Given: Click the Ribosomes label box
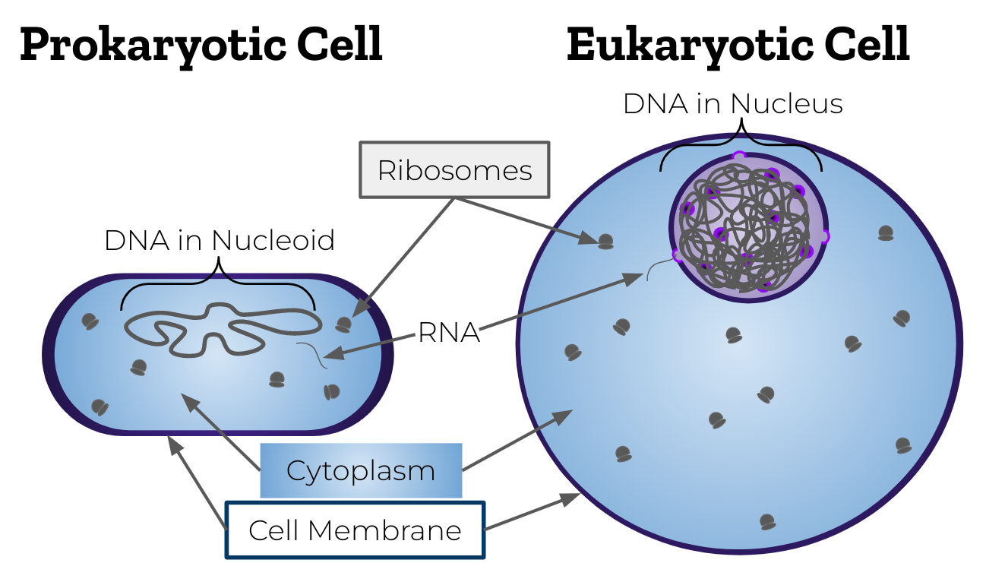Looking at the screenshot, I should click(x=454, y=170).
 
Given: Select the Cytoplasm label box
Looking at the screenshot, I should click(x=361, y=470).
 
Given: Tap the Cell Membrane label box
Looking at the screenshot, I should click(x=355, y=530).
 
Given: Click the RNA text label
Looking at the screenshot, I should click(x=450, y=332).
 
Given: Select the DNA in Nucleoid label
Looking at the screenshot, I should click(x=220, y=240).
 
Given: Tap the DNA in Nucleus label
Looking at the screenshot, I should click(x=733, y=103).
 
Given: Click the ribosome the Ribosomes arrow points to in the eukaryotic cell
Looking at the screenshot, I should click(x=605, y=242).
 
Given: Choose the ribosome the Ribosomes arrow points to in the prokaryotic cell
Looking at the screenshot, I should click(x=344, y=324).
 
